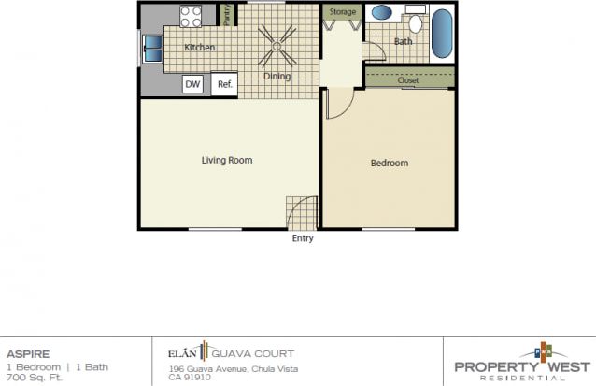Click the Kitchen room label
click(200, 47)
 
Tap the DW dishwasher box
click(193, 85)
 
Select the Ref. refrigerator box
click(224, 85)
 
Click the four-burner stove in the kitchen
click(192, 16)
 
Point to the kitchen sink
click(151, 48)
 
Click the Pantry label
click(227, 14)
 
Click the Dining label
click(278, 77)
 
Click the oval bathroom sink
click(381, 13)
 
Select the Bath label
click(403, 42)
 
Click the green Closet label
click(408, 80)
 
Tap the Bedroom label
click(390, 164)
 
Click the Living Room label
click(227, 160)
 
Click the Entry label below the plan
click(303, 238)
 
